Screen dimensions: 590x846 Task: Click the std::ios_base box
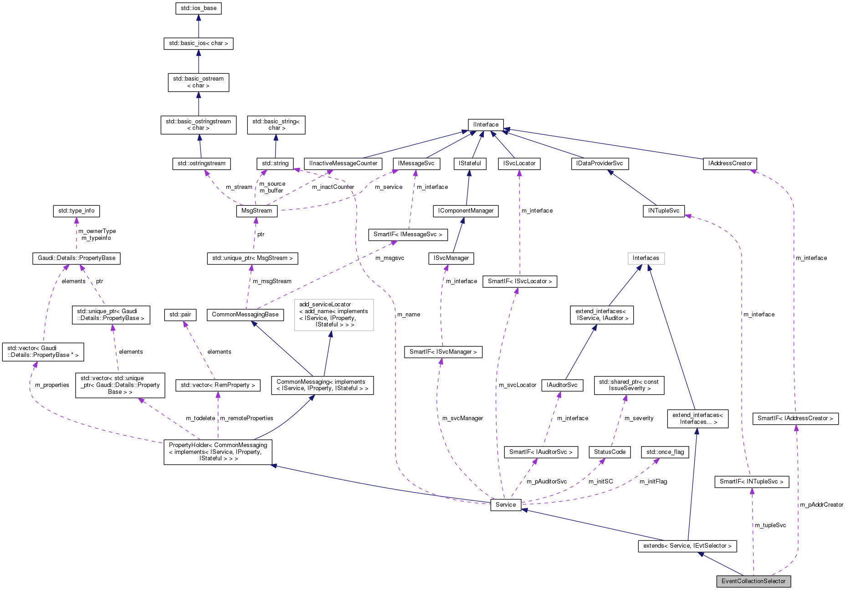198,8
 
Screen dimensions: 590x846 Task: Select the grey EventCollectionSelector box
754,581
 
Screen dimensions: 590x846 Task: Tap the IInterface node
486,125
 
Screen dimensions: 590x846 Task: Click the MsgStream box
256,211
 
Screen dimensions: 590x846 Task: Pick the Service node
506,505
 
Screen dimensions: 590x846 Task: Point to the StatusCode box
610,452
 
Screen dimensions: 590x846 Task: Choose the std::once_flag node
665,452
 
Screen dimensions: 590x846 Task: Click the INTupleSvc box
663,211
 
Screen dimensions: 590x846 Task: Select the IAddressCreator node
730,163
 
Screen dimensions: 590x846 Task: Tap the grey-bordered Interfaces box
646,258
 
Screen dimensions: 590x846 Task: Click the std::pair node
180,315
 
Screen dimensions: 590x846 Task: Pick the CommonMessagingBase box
245,315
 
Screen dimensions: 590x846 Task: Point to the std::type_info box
77,211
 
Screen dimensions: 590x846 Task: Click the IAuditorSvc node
562,385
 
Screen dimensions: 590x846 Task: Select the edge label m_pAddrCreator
821,505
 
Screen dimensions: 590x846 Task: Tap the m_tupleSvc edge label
770,525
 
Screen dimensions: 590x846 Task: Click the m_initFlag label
653,482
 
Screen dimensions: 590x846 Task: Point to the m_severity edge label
639,418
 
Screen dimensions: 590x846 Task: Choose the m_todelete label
200,418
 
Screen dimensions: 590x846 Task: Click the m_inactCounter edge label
333,187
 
